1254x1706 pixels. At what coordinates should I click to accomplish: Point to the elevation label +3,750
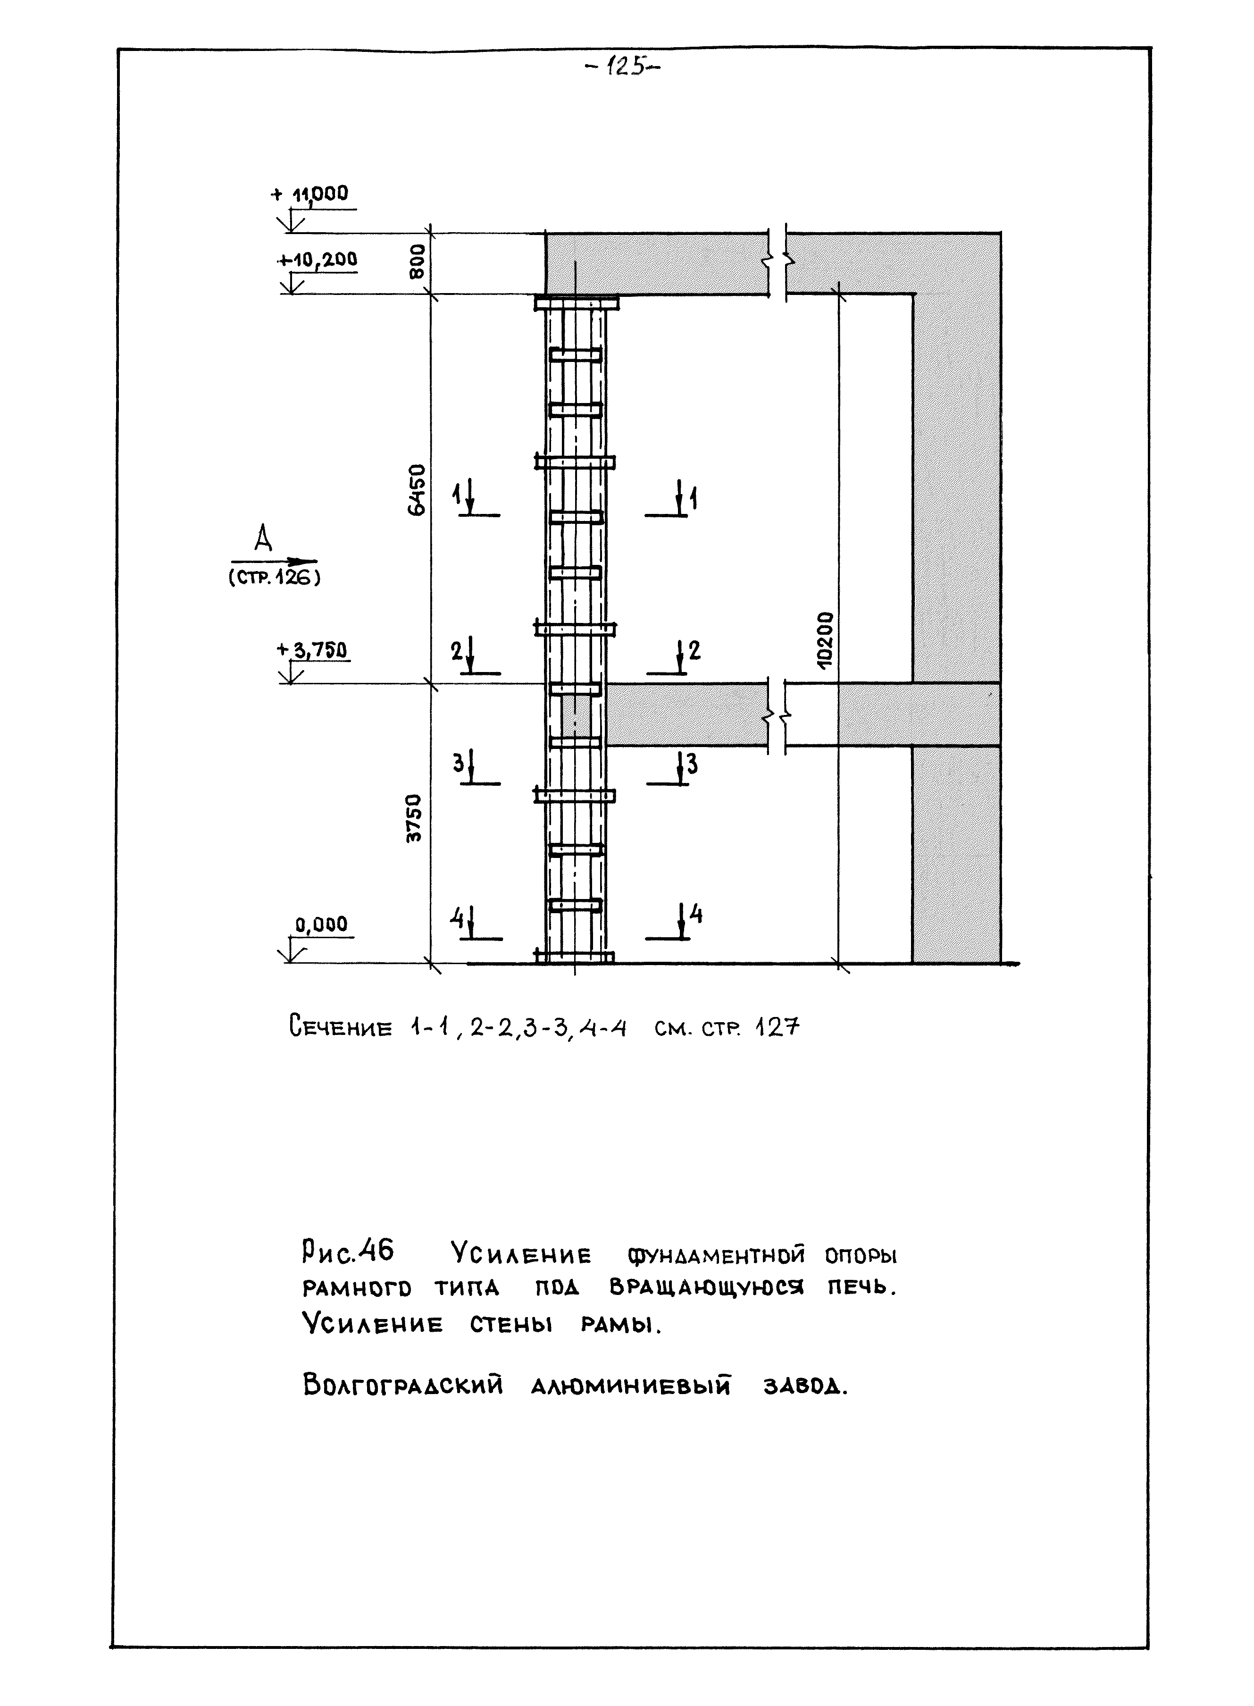click(313, 650)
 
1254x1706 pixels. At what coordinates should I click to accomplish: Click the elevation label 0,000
click(321, 924)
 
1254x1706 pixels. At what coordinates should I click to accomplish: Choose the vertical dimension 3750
click(414, 818)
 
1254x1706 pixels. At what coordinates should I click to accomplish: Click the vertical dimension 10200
click(826, 639)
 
